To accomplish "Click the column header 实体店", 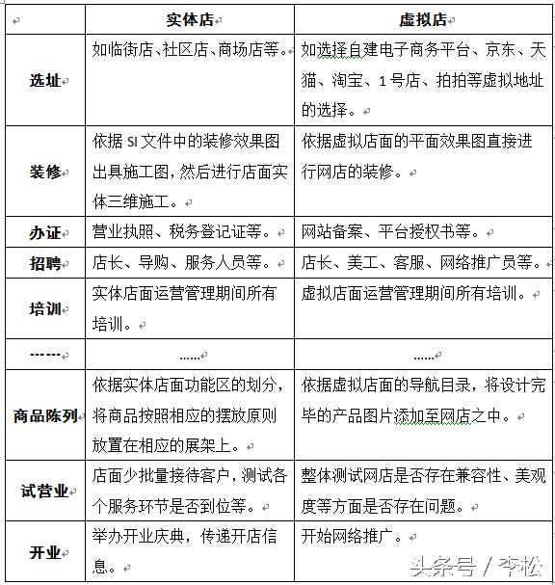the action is coord(190,19).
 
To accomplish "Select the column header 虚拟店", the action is coord(424,19).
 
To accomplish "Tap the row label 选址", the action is coord(44,81).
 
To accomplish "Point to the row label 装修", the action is coord(44,173).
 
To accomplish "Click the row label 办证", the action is coord(44,233).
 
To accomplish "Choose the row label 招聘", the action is coord(44,263).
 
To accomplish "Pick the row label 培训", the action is coord(44,309).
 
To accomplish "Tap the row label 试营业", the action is coord(44,491).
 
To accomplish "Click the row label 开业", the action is coord(44,552).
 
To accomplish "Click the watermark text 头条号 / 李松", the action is coord(476,564).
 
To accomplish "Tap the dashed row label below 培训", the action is coord(44,354).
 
